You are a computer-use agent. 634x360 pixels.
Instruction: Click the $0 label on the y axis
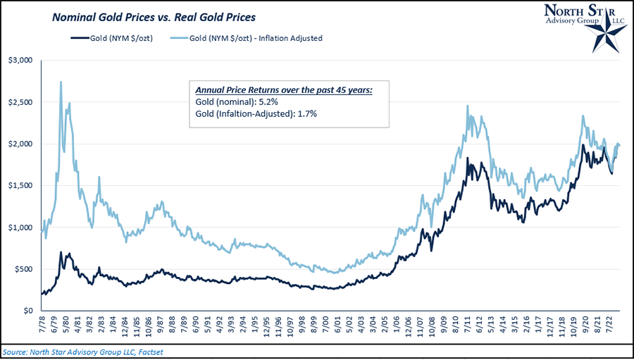click(27, 311)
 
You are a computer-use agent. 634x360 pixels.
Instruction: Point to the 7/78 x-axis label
click(44, 327)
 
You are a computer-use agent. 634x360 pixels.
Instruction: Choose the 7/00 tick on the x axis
click(325, 327)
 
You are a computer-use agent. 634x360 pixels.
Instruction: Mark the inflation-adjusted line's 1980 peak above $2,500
click(61, 82)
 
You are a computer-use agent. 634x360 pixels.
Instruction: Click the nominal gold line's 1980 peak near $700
click(61, 252)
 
